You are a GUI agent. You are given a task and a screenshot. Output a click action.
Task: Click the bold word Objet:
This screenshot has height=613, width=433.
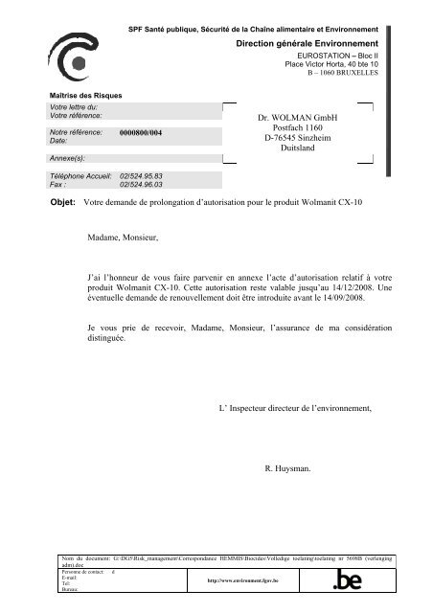(61, 203)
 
